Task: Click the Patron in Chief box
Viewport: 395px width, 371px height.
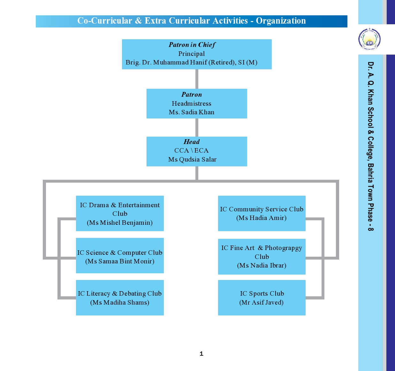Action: pyautogui.click(x=197, y=54)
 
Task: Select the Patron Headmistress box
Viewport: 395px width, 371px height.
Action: pyautogui.click(x=197, y=103)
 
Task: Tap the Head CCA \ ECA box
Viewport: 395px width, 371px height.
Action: pyautogui.click(x=197, y=151)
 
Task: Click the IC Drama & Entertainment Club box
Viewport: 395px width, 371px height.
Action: pyautogui.click(x=120, y=213)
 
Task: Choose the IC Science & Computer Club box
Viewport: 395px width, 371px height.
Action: pyautogui.click(x=120, y=255)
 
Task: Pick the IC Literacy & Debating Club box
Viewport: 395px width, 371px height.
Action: pyautogui.click(x=120, y=298)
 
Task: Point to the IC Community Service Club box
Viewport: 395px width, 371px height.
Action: pyautogui.click(x=262, y=213)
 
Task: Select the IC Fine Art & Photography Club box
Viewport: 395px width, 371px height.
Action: pyautogui.click(x=262, y=256)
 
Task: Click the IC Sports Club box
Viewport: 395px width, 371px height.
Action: pyautogui.click(x=262, y=298)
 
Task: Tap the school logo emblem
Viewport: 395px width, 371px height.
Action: pyautogui.click(x=369, y=39)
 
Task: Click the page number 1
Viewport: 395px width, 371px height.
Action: pyautogui.click(x=201, y=353)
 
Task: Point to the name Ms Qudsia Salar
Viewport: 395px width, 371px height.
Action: pyautogui.click(x=192, y=159)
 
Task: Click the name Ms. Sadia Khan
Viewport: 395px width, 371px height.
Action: pyautogui.click(x=192, y=112)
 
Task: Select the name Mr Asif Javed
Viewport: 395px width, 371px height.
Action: pyautogui.click(x=261, y=302)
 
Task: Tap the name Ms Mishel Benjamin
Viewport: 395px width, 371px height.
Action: pyautogui.click(x=120, y=223)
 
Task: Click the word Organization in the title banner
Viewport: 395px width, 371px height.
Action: pyautogui.click(x=281, y=21)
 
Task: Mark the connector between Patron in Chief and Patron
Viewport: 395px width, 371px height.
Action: pyautogui.click(x=197, y=79)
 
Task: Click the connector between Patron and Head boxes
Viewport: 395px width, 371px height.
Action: pyautogui.click(x=197, y=127)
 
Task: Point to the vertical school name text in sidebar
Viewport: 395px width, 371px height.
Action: pyautogui.click(x=370, y=146)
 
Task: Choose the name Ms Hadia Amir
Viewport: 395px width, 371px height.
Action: pyautogui.click(x=261, y=218)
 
